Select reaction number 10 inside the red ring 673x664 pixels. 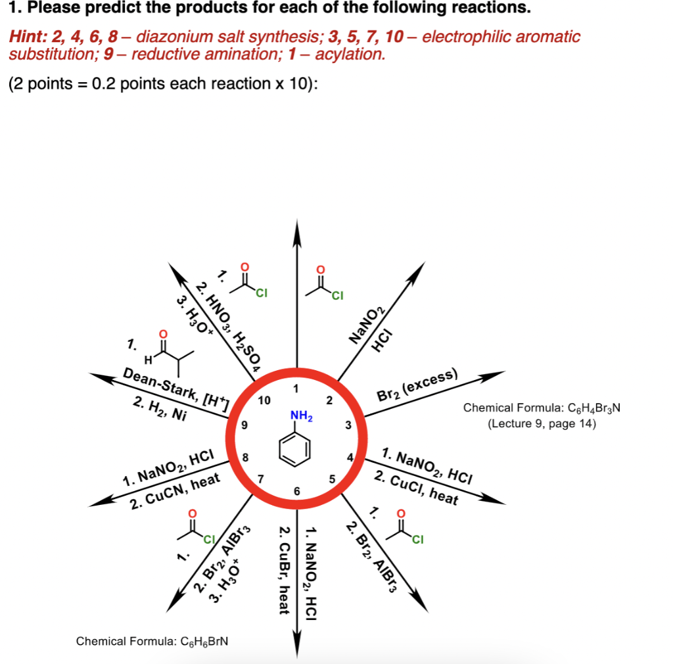point(264,400)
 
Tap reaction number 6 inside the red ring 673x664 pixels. point(296,491)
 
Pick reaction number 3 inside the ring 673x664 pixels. point(348,426)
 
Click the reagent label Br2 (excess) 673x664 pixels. point(416,386)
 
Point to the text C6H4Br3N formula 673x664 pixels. point(542,408)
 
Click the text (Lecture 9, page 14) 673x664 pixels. point(542,423)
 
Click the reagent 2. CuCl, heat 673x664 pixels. point(415,486)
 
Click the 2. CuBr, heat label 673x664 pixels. point(284,570)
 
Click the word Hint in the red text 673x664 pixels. point(25,36)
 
